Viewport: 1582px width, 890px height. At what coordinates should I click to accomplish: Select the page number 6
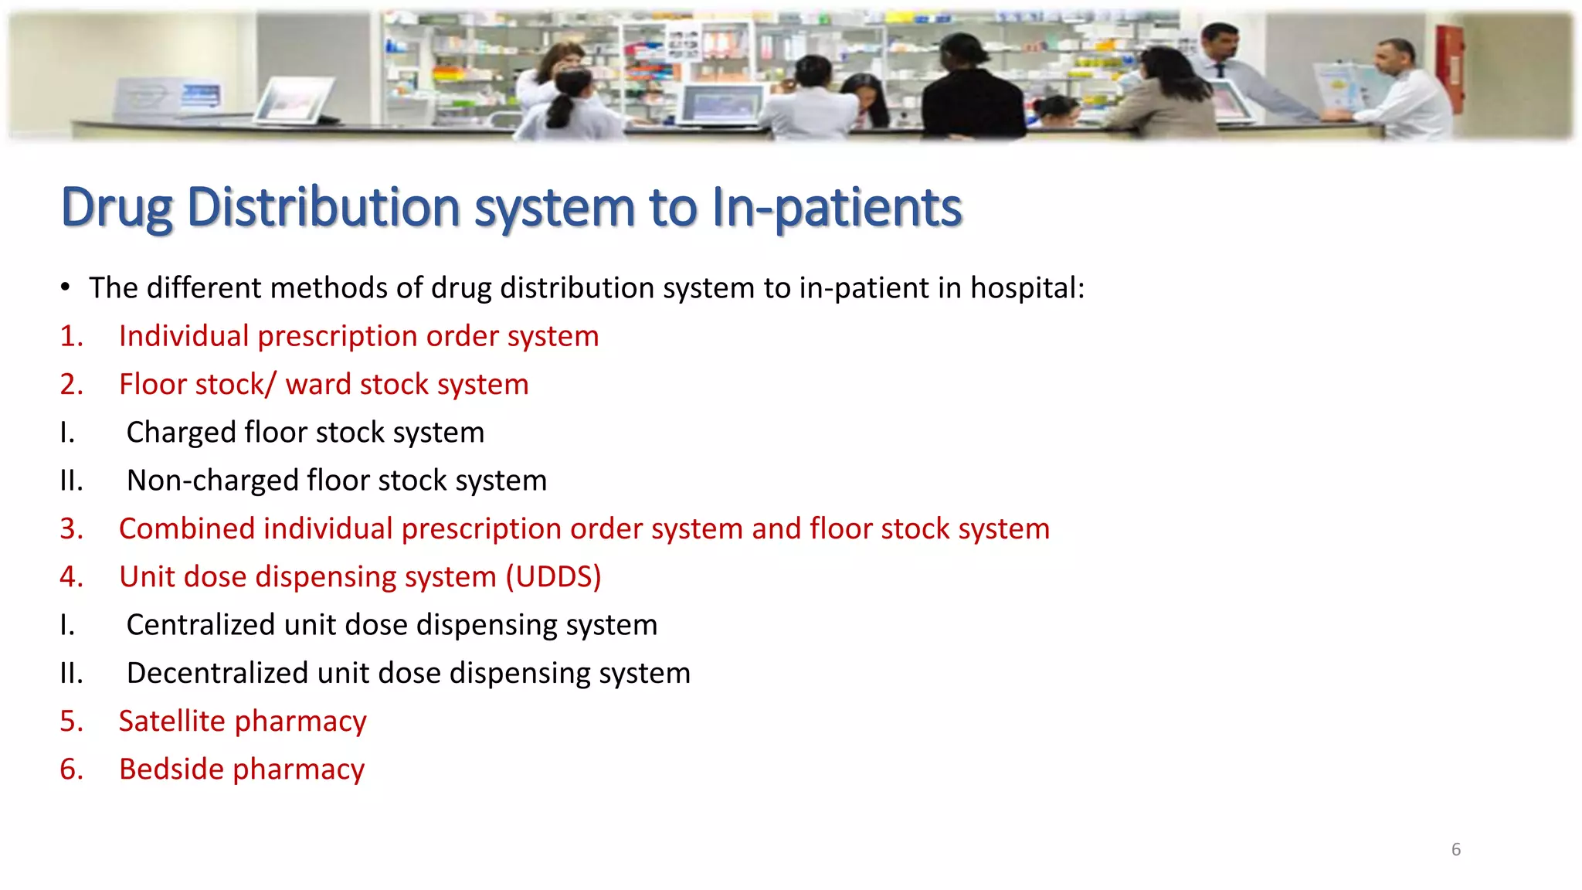1456,850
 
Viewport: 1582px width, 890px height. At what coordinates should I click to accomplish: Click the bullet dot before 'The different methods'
66,288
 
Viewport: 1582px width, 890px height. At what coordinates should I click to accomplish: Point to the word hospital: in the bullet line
1027,288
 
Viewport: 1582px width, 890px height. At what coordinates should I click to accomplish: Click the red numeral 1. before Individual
71,336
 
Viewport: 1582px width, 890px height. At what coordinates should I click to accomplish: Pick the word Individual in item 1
184,336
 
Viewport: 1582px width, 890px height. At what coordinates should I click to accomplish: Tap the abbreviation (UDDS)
553,577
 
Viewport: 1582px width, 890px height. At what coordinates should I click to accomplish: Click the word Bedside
171,769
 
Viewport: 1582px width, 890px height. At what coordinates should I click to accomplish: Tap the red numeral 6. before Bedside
71,769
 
